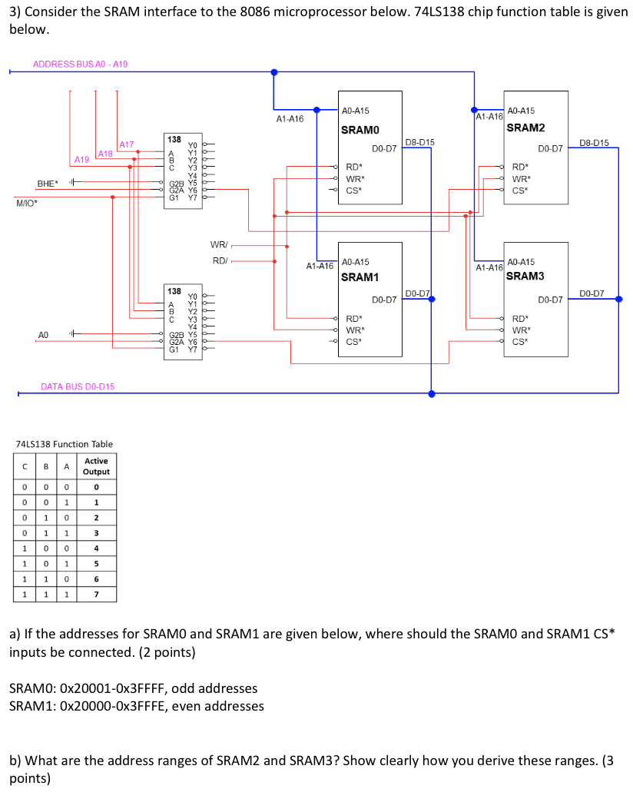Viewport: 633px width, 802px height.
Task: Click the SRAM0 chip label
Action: tap(360, 130)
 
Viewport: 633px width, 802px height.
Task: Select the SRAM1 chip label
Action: tap(360, 277)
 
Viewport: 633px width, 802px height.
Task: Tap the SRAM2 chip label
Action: tap(526, 128)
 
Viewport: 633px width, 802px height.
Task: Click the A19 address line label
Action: tap(81, 159)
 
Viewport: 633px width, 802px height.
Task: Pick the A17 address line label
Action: tap(126, 144)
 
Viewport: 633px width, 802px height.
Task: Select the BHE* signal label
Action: tap(47, 184)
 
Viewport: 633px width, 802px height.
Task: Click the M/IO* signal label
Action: tap(27, 204)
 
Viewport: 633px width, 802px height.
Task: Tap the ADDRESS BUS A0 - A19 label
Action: tap(81, 64)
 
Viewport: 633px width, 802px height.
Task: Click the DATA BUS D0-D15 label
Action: tap(78, 386)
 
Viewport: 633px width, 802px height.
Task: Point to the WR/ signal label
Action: tap(218, 245)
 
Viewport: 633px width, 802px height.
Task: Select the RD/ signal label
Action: tap(218, 260)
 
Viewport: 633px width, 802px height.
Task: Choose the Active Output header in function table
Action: tap(96, 466)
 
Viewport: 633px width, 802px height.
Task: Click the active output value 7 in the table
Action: tap(96, 595)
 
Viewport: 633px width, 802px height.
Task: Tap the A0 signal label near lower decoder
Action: tap(44, 335)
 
